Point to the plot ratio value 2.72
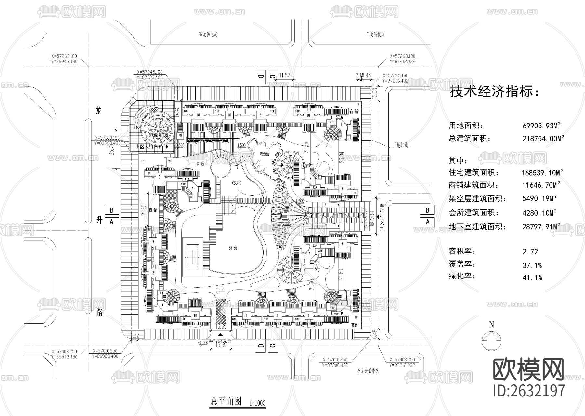[530, 252]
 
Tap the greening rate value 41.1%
[532, 277]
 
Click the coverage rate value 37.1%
[532, 265]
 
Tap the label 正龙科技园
[375, 34]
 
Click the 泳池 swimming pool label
[233, 248]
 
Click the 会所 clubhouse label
[201, 164]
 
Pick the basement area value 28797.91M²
[542, 227]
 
